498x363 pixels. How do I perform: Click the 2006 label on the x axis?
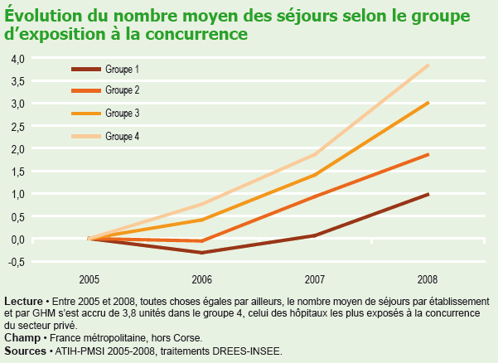click(x=202, y=278)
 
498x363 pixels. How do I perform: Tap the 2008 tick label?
click(x=428, y=278)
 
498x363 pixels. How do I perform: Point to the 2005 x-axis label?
click(x=89, y=278)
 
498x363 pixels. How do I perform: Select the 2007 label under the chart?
click(x=315, y=278)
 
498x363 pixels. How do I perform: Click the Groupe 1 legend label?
click(x=123, y=68)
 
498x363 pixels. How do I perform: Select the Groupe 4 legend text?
click(x=123, y=135)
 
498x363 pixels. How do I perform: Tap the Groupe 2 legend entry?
click(x=123, y=90)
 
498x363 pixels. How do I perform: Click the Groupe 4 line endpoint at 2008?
click(x=428, y=65)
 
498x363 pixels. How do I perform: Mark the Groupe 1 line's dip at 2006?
click(x=202, y=252)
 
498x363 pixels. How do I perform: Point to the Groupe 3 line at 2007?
click(x=315, y=175)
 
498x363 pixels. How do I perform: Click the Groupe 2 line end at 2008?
click(x=428, y=154)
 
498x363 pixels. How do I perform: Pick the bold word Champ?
click(x=22, y=338)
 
